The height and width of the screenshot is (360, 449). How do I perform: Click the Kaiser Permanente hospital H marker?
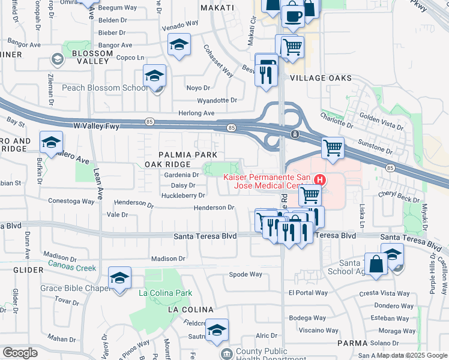[x=321, y=179]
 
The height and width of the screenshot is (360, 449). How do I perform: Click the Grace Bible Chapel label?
[x=74, y=288]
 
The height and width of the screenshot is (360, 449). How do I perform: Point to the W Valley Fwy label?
[x=97, y=125]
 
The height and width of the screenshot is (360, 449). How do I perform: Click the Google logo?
[x=20, y=353]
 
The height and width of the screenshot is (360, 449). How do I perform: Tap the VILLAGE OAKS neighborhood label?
[x=321, y=78]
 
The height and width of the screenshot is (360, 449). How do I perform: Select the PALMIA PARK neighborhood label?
[x=184, y=154]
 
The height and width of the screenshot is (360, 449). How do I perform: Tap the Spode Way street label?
[x=246, y=274]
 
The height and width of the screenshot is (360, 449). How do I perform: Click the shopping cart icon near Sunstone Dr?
[x=333, y=148]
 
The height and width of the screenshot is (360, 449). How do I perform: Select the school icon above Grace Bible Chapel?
[x=119, y=278]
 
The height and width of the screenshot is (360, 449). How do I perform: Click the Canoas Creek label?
[x=71, y=267]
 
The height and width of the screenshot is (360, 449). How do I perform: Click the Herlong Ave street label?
[x=196, y=113]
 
